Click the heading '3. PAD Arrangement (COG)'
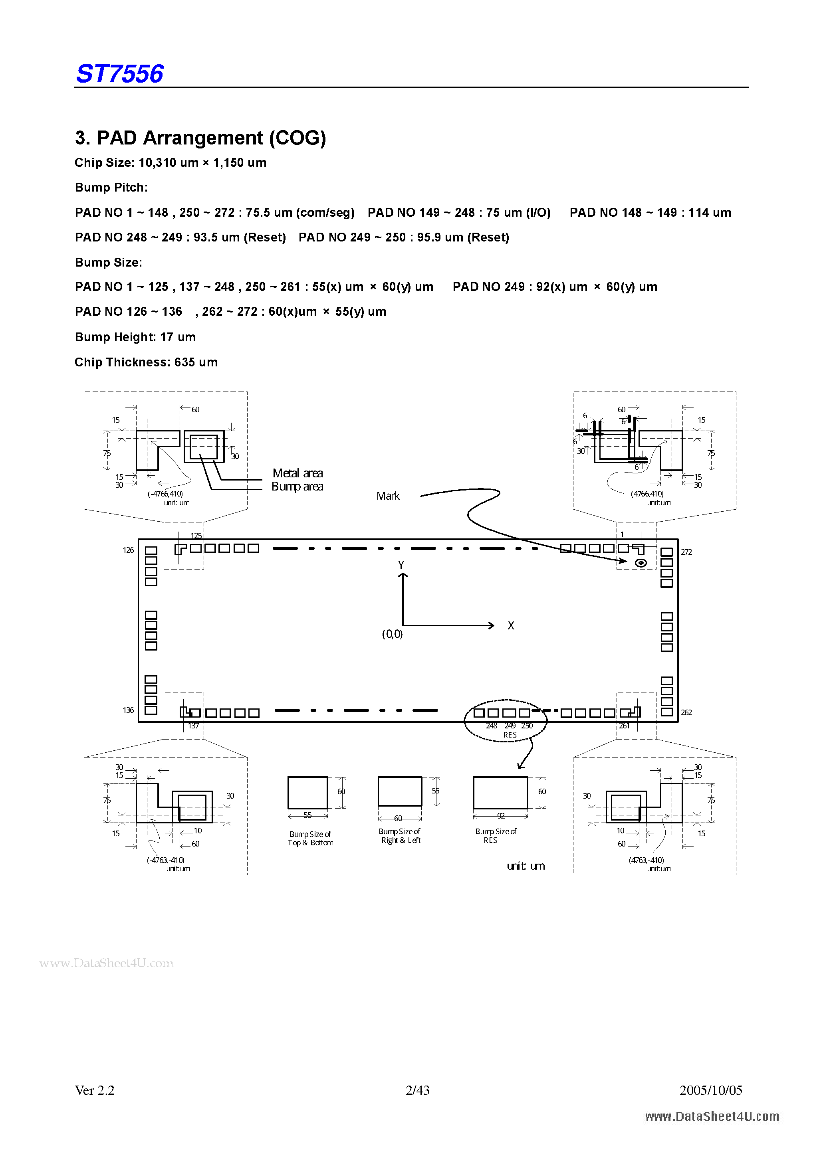pyautogui.click(x=200, y=138)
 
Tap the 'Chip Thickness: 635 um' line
pyautogui.click(x=146, y=362)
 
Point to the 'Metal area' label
pyautogui.click(x=297, y=473)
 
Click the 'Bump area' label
pyautogui.click(x=297, y=487)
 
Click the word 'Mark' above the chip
pyautogui.click(x=388, y=496)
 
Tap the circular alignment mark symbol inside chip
pyautogui.click(x=641, y=563)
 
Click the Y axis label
pyautogui.click(x=401, y=565)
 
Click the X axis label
pyautogui.click(x=511, y=626)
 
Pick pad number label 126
pyautogui.click(x=128, y=550)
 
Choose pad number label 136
pyautogui.click(x=128, y=710)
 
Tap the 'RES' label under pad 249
pyautogui.click(x=510, y=735)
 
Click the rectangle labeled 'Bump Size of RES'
pyautogui.click(x=500, y=792)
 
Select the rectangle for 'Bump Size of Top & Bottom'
pyautogui.click(x=307, y=792)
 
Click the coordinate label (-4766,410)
pyautogui.click(x=165, y=494)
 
